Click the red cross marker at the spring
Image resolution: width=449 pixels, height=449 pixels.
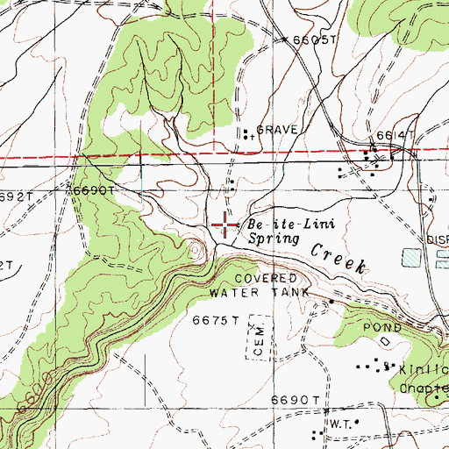click(225, 225)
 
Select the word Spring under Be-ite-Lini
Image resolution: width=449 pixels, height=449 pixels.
click(273, 238)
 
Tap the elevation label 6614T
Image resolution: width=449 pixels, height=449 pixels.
click(394, 135)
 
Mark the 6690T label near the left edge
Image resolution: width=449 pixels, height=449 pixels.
click(95, 189)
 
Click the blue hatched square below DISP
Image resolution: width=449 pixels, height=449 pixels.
click(411, 257)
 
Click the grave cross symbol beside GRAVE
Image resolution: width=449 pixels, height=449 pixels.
click(251, 137)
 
